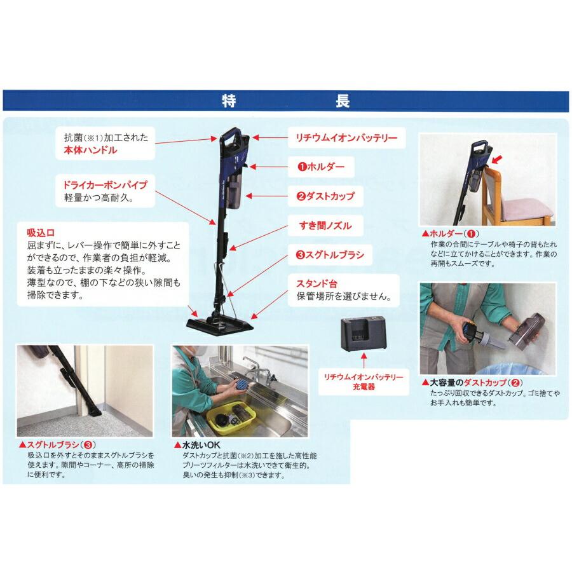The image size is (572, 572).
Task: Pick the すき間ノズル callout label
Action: click(x=325, y=225)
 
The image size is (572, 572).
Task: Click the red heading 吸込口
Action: click(x=40, y=231)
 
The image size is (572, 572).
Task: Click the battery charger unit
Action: click(x=362, y=336)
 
